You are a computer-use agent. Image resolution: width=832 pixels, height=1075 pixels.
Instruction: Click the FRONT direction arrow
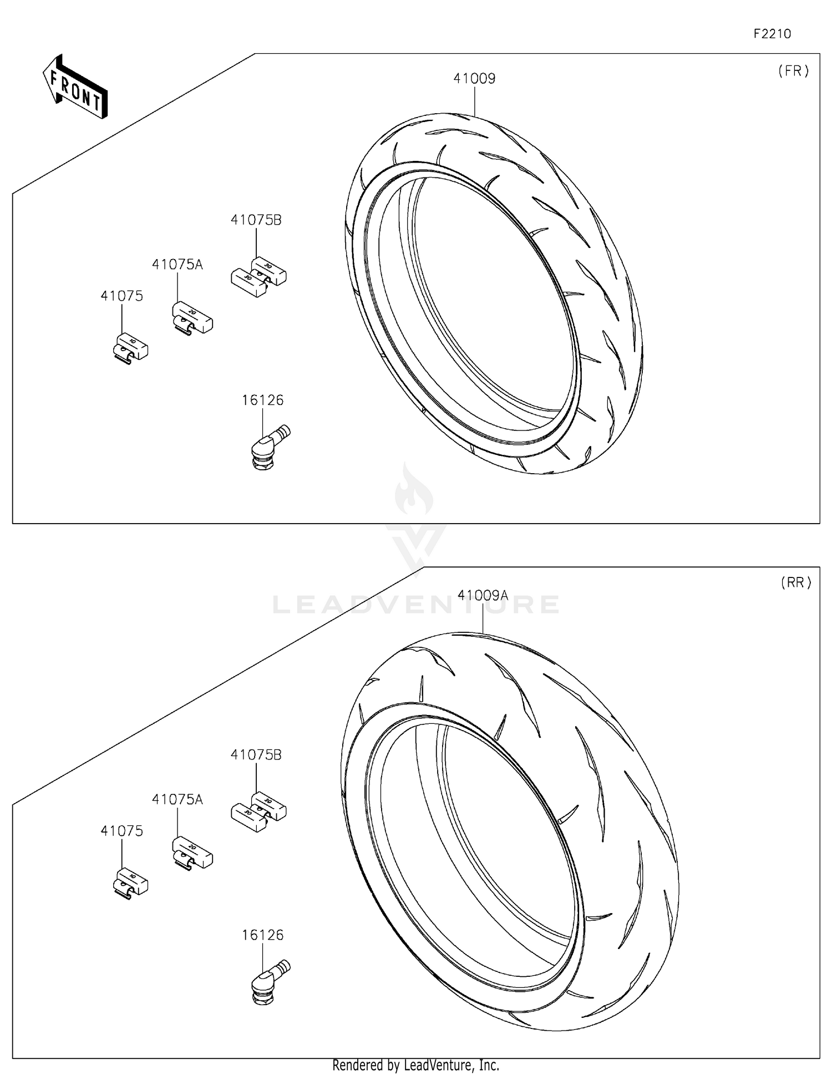click(x=75, y=87)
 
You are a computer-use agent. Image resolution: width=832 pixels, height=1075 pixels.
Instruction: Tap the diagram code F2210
click(x=772, y=34)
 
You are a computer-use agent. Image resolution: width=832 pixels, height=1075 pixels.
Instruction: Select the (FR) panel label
click(x=793, y=71)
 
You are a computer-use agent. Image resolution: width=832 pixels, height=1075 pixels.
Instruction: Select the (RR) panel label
click(x=795, y=582)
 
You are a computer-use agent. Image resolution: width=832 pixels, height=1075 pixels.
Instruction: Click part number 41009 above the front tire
click(x=474, y=79)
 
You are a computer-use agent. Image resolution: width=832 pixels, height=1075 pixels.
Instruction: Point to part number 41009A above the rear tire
click(x=483, y=596)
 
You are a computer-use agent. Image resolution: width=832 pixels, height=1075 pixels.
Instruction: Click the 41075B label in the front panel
click(x=256, y=220)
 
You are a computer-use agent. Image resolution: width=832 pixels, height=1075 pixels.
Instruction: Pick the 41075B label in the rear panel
click(x=256, y=755)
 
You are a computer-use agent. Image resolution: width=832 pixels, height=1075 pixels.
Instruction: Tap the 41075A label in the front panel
click(x=177, y=265)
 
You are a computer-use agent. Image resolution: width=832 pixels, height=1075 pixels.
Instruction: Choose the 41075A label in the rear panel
click(x=177, y=800)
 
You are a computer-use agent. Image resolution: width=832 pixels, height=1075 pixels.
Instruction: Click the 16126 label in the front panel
click(x=262, y=400)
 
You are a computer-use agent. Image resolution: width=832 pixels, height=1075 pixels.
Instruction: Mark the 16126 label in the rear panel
click(x=262, y=935)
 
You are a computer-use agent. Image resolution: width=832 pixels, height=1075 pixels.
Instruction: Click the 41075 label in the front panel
click(x=121, y=296)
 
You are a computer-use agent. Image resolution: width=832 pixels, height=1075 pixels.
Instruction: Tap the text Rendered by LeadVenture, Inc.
click(x=415, y=1065)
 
